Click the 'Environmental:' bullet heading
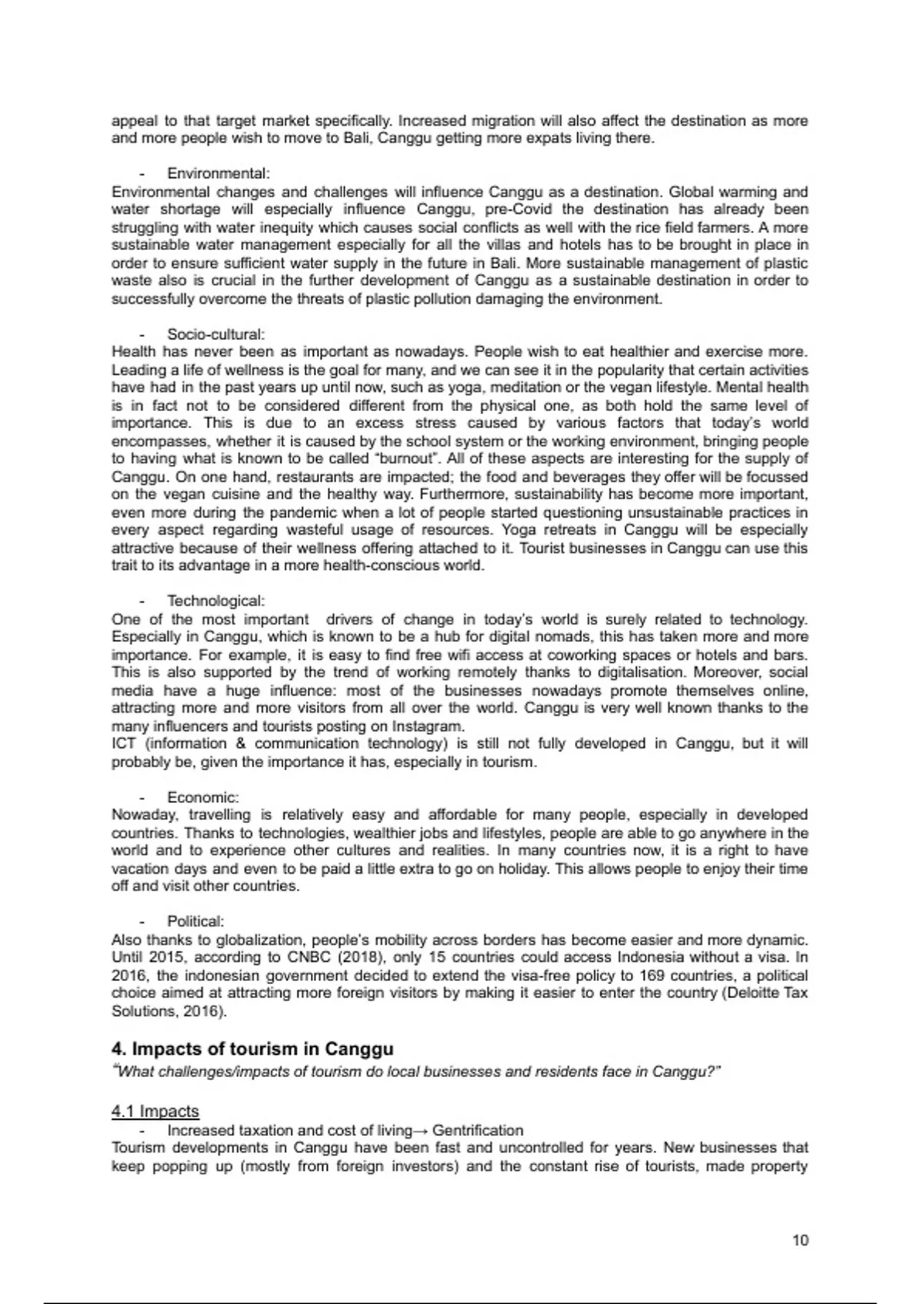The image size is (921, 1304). click(218, 174)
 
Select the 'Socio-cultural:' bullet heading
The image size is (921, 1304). click(216, 334)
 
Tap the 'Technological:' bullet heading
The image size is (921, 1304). click(216, 601)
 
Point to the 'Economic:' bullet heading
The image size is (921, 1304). click(203, 798)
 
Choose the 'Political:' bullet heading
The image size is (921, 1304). click(196, 921)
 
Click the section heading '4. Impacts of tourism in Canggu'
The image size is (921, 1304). click(253, 1049)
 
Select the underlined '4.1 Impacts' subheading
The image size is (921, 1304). click(155, 1111)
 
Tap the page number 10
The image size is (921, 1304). click(800, 1240)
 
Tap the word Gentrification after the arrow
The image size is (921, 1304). click(477, 1131)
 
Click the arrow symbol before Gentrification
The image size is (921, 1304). click(422, 1131)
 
